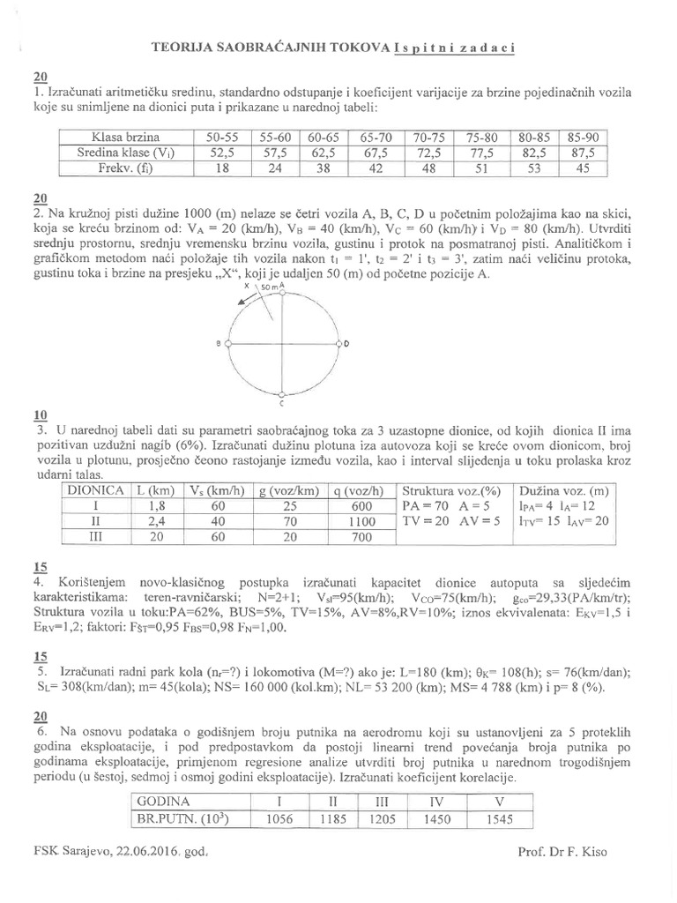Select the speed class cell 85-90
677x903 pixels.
(584, 137)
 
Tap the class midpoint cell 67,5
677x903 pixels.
(377, 153)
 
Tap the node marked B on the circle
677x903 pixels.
(227, 342)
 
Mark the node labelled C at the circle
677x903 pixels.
(281, 393)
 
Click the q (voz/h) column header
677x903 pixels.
(359, 490)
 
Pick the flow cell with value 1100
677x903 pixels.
(359, 522)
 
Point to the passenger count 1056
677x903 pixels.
(278, 819)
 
